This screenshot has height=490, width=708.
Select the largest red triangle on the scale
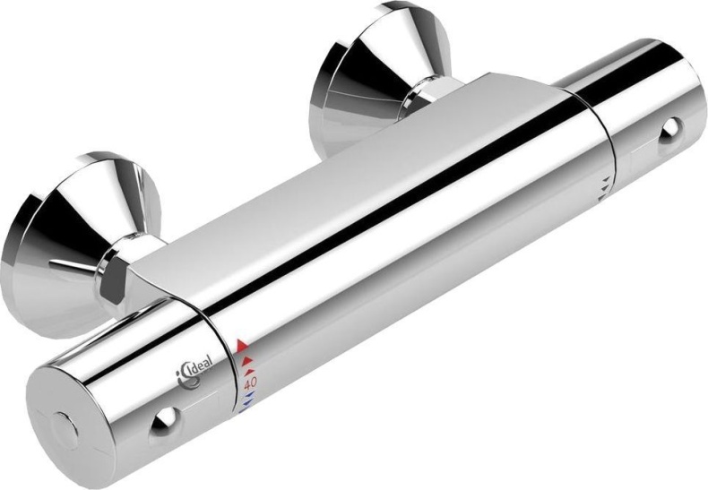pyautogui.click(x=242, y=345)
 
